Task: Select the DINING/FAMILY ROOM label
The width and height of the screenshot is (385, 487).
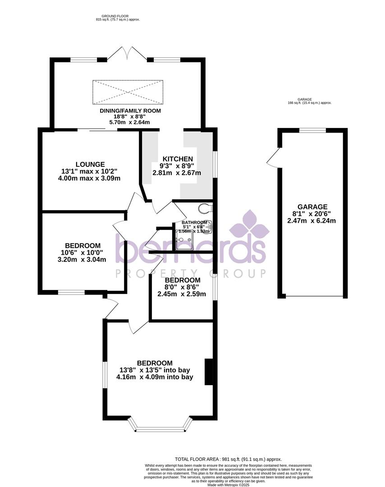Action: tap(130, 110)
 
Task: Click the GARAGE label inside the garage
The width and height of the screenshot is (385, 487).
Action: tap(312, 207)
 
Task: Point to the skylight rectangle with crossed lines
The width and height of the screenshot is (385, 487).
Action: tap(128, 92)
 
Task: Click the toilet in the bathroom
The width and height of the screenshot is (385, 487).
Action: tap(205, 208)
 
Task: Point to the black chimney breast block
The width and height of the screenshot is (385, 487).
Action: tap(209, 372)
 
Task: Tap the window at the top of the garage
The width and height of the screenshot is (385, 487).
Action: tap(312, 131)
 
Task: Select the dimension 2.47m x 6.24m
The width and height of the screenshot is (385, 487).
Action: tap(312, 221)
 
